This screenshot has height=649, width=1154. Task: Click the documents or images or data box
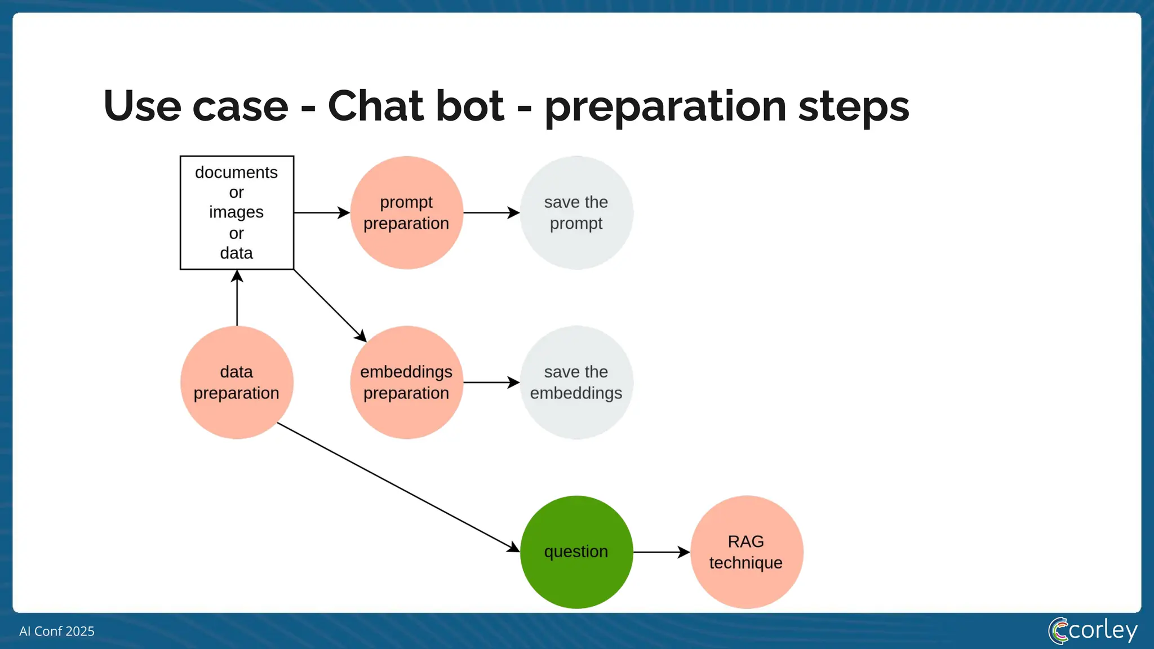coord(237,212)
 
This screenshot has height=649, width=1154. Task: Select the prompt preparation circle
coord(406,212)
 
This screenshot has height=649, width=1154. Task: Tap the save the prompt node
coord(576,212)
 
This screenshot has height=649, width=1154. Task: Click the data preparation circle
coord(237,383)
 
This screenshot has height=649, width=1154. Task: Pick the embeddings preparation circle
coord(406,383)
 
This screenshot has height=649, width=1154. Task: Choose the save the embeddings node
coord(576,383)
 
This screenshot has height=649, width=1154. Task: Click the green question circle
coord(576,552)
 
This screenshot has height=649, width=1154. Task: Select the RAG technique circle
coord(746,552)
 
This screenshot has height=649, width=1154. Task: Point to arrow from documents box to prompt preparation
coord(321,213)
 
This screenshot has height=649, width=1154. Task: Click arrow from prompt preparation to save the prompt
coord(491,213)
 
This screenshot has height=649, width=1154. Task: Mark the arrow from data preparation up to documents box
coord(237,299)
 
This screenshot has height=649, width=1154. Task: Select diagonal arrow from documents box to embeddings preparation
coord(330,306)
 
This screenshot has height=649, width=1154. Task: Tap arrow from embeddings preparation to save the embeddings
coord(491,383)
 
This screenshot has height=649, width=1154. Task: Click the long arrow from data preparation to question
coord(397,487)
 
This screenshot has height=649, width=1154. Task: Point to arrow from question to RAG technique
coord(661,552)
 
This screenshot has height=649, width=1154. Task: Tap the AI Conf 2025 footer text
coord(57,632)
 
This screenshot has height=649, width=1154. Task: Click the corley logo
coord(1093,630)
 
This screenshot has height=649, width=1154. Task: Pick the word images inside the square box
coord(236,212)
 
